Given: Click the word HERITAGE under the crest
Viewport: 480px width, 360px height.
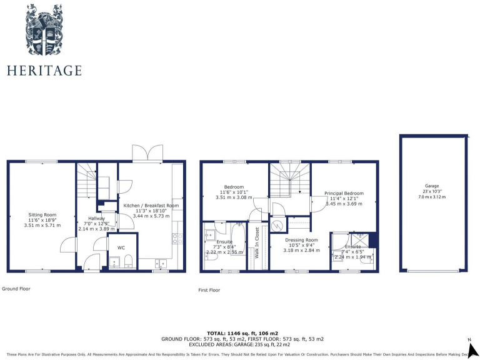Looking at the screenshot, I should pos(44,70).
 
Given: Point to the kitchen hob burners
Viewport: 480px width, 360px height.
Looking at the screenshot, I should pos(176,238).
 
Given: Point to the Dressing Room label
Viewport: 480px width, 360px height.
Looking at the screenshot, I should pos(302,240).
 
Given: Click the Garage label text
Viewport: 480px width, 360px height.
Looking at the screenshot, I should pos(432,186).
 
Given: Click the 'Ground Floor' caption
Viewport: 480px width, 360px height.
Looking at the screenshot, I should pos(16,289).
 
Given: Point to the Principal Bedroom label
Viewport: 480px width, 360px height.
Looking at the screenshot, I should pos(344,193).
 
